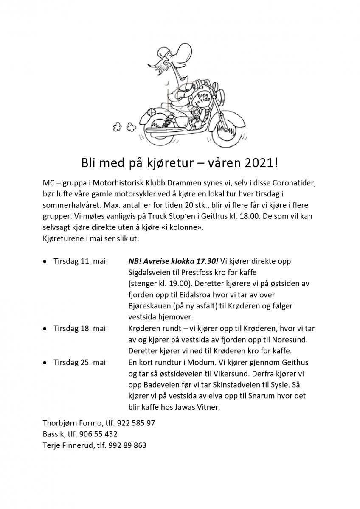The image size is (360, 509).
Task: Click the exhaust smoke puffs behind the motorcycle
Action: point(124,126)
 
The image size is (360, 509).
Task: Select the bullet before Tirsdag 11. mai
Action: point(45,262)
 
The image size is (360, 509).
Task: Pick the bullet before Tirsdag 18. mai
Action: point(45,329)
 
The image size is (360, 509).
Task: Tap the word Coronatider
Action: point(292,183)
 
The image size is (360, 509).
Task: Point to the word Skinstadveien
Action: point(248,385)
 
